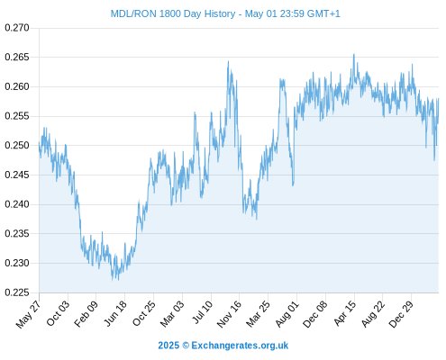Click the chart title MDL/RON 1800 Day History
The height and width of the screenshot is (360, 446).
click(173, 13)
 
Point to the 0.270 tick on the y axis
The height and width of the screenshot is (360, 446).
click(17, 28)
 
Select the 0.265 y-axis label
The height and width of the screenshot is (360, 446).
click(17, 57)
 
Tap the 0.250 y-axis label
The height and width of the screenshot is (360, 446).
click(17, 146)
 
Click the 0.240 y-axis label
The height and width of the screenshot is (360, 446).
click(17, 204)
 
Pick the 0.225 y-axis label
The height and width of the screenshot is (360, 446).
click(17, 292)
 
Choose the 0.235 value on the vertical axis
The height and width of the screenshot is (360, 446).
click(17, 233)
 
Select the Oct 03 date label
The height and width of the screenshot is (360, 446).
click(58, 313)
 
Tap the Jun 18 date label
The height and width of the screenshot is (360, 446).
click(115, 313)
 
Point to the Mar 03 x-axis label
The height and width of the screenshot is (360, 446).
click(172, 314)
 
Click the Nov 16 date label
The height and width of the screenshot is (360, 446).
click(229, 314)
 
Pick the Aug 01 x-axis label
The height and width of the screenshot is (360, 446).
click(287, 314)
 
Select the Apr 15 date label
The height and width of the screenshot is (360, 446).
click(345, 313)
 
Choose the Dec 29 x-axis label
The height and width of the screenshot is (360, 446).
click(401, 314)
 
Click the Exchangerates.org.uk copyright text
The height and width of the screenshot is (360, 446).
click(223, 346)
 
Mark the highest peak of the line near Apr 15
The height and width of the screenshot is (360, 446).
click(354, 54)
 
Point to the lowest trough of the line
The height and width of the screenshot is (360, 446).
click(113, 280)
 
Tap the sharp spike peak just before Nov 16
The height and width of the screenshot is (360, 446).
click(228, 61)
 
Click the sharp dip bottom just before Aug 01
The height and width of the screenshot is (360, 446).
click(293, 185)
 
